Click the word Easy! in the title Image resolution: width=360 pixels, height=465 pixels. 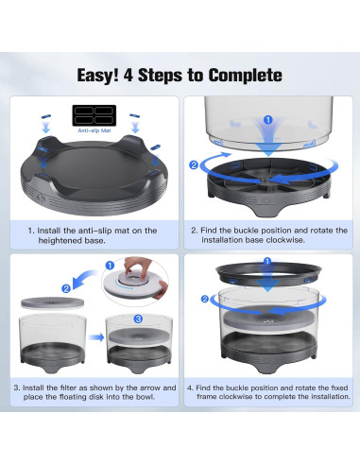(x=98, y=76)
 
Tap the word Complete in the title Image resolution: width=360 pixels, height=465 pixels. (x=246, y=76)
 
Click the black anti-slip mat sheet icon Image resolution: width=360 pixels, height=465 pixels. (x=94, y=115)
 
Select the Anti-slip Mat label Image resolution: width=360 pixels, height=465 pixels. (x=94, y=130)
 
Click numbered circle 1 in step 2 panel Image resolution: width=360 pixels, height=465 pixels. (x=267, y=120)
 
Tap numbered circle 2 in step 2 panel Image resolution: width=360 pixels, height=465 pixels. (x=194, y=164)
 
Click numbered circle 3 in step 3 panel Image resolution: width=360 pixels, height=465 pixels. (x=138, y=319)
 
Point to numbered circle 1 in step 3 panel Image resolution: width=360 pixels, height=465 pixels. (x=110, y=266)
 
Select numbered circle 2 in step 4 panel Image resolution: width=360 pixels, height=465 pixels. (x=205, y=299)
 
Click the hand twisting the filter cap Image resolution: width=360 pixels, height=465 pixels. (x=138, y=267)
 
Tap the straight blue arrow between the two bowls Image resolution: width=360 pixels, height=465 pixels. (x=96, y=337)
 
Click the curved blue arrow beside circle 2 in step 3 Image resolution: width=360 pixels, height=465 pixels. (x=82, y=278)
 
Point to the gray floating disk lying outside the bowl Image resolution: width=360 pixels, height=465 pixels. (x=52, y=303)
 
